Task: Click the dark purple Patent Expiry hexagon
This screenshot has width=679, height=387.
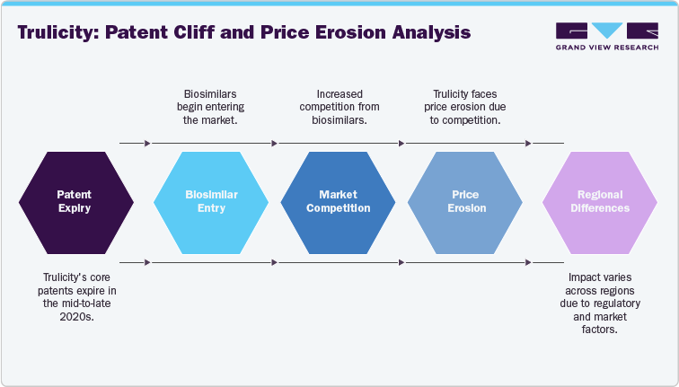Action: [x=75, y=201]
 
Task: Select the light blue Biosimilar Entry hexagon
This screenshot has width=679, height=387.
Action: [x=210, y=201]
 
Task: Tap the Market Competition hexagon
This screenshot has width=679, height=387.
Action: [x=338, y=201]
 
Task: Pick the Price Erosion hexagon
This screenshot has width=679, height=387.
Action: [x=465, y=201]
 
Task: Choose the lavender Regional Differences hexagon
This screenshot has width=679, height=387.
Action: [x=601, y=201]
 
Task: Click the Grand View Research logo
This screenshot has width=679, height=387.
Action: [x=607, y=36]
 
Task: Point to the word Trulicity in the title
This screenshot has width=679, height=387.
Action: [x=57, y=33]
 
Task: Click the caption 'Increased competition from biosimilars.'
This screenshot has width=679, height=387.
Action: [x=338, y=107]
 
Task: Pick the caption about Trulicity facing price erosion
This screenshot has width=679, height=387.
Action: [x=465, y=107]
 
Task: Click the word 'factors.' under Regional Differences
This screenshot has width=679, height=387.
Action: [x=601, y=330]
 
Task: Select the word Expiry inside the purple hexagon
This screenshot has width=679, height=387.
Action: [x=75, y=207]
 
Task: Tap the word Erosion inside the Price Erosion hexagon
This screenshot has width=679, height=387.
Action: [x=465, y=207]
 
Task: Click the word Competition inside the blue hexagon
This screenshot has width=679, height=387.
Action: [x=338, y=207]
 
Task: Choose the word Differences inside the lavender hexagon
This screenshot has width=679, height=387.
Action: [x=601, y=207]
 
